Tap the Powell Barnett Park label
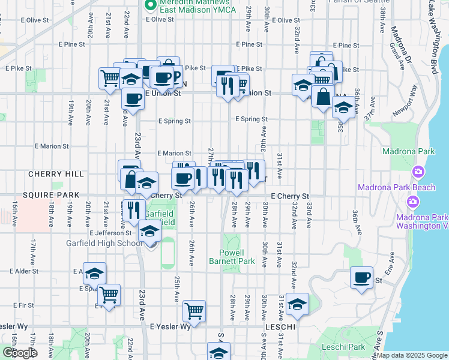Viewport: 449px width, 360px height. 232,257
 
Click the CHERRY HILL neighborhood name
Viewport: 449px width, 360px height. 56,174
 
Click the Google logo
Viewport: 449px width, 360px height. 19,353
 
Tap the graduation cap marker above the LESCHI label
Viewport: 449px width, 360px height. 297,305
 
